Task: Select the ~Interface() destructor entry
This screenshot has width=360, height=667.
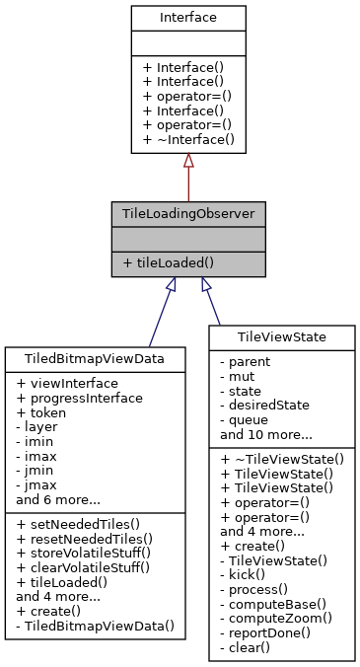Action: pyautogui.click(x=187, y=140)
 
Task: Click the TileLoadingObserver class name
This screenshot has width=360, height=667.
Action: pyautogui.click(x=187, y=213)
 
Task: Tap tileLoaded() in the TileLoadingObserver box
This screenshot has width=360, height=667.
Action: pyautogui.click(x=171, y=263)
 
